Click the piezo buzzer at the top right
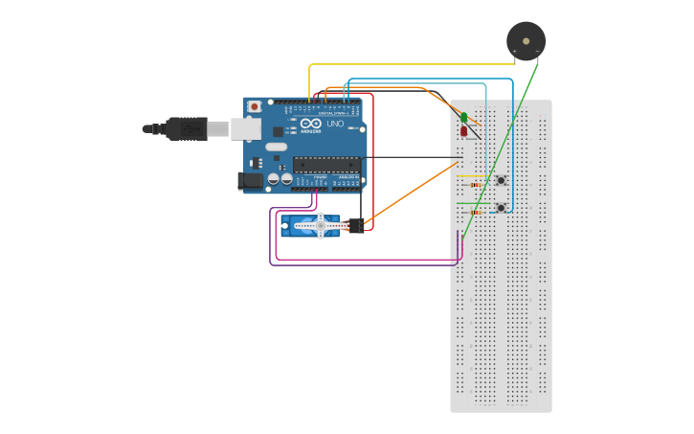coord(525,40)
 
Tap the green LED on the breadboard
coord(463,117)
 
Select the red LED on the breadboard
coord(463,131)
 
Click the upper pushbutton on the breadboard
coord(501,181)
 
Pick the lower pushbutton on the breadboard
coord(501,207)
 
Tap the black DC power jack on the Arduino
coord(250,179)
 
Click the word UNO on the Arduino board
coord(335,125)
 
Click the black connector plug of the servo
coord(356,226)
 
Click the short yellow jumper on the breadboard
coord(469,176)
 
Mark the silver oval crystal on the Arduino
coord(276,147)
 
